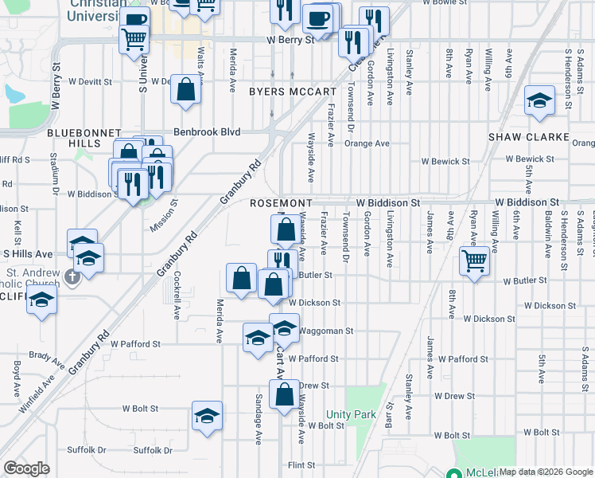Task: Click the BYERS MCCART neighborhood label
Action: tap(293, 92)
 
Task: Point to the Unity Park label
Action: tap(351, 414)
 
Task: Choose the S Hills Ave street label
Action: tap(27, 253)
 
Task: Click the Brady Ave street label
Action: tap(46, 359)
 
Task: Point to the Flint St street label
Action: tap(302, 465)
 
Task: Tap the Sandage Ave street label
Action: tap(259, 418)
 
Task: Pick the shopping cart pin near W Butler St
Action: tap(474, 260)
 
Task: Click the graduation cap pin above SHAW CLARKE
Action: tap(539, 100)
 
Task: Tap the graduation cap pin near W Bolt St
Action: tap(207, 415)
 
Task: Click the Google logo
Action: tap(26, 468)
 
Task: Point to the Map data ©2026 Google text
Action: tap(546, 472)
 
